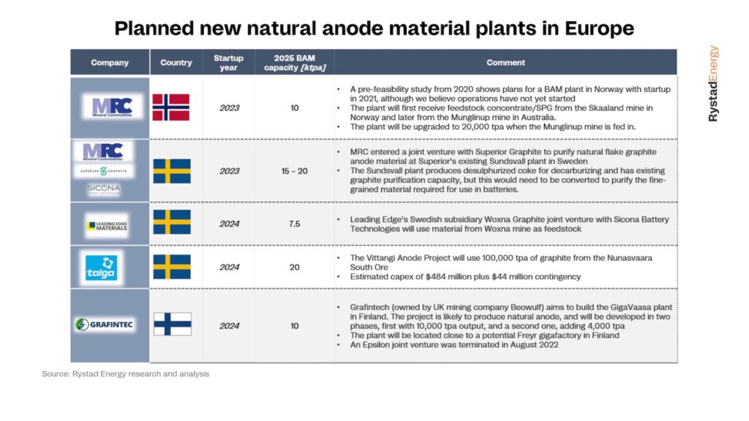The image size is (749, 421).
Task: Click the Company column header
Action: (x=110, y=62)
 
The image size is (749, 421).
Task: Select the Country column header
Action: (x=176, y=62)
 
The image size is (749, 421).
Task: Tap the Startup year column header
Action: (x=228, y=62)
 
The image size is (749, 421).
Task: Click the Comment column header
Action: (x=505, y=62)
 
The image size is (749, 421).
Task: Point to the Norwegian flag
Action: (x=171, y=107)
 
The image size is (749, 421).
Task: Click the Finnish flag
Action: (x=172, y=324)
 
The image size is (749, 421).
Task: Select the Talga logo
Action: (x=103, y=267)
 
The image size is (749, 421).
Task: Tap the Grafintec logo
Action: (x=105, y=324)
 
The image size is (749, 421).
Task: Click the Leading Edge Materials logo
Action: (x=106, y=226)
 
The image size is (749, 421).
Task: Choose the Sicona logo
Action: (x=104, y=189)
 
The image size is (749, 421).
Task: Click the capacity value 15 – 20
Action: (x=294, y=171)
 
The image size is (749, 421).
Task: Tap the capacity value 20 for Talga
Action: (x=294, y=268)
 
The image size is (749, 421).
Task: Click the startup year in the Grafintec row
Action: (x=229, y=325)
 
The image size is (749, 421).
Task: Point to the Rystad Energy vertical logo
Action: (x=713, y=83)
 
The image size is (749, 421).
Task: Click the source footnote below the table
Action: (x=125, y=373)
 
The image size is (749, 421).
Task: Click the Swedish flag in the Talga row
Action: (x=172, y=267)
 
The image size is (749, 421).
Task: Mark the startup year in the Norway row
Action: (x=229, y=108)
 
